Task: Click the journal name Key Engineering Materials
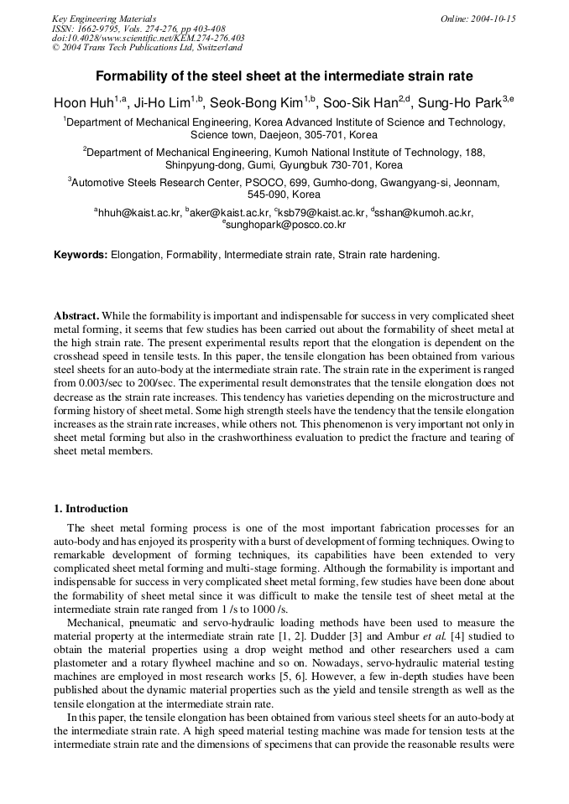104,18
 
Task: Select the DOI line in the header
149,38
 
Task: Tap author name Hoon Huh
85,103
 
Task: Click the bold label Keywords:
81,254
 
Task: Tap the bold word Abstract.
76,316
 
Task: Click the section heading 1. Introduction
91,508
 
